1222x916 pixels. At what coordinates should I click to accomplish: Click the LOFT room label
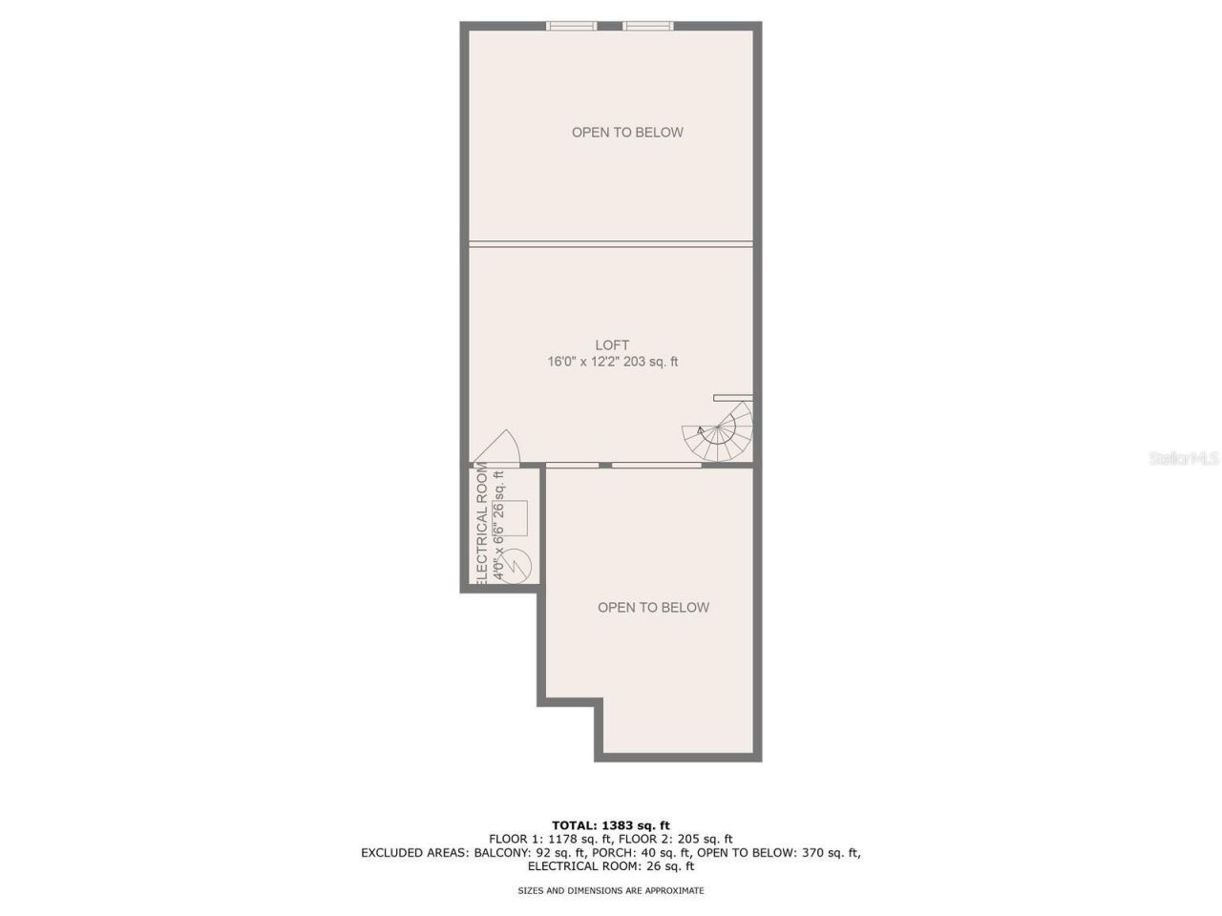(612, 345)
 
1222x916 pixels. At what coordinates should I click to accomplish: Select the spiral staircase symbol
(718, 434)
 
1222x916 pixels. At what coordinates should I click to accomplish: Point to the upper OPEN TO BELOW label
(627, 133)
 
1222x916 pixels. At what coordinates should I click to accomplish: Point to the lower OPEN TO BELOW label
(653, 608)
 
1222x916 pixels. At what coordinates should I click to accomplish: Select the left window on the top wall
(572, 26)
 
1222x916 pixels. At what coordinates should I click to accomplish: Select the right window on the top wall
(648, 26)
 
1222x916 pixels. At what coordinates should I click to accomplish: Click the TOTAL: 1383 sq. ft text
(611, 825)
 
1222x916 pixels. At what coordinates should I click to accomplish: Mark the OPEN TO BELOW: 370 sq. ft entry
(778, 853)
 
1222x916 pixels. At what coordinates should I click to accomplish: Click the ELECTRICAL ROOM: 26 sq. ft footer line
(611, 866)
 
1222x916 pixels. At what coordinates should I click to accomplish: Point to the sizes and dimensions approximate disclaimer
(611, 890)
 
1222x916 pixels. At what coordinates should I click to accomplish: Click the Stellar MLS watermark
(1184, 459)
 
